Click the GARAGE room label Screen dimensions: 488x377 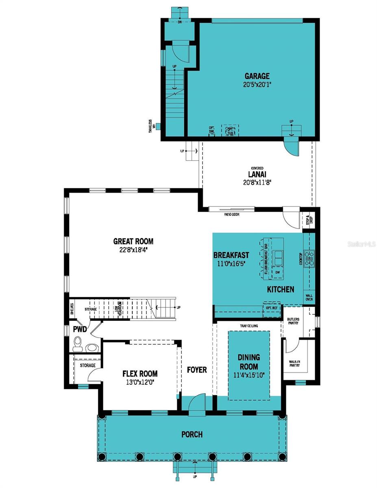coord(257,76)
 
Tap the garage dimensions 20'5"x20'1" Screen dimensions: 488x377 coord(257,85)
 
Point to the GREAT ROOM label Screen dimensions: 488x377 coord(133,241)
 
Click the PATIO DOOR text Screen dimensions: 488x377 coord(231,214)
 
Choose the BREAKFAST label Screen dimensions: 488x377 coord(231,255)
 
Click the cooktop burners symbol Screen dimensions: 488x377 coord(310,256)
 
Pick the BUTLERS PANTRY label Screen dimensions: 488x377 coord(293,321)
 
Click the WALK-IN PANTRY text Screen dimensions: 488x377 coord(294,363)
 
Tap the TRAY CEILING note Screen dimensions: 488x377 coord(248,326)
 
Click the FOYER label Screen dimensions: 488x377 coord(197,370)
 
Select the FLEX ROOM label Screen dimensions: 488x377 coord(140,373)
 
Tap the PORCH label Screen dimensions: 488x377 coord(192,434)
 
